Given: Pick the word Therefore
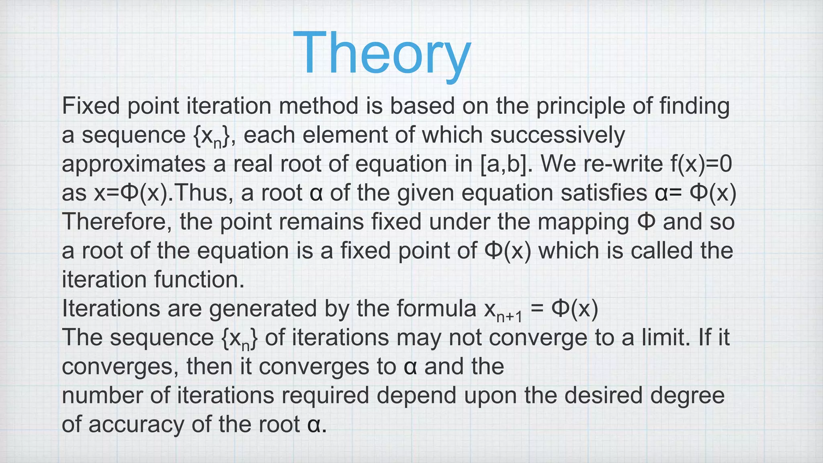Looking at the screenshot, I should (114, 222).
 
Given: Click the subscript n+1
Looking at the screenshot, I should (509, 317).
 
